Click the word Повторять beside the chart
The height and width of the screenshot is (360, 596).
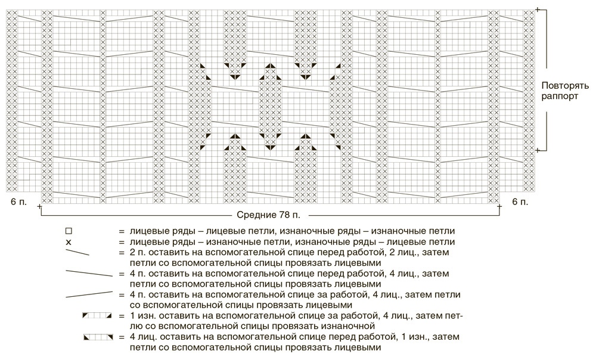(565, 86)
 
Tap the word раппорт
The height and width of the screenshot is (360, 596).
(560, 97)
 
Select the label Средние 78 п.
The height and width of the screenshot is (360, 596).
(268, 215)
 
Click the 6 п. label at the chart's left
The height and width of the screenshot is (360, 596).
(18, 202)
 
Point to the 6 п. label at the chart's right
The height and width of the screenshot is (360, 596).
(520, 202)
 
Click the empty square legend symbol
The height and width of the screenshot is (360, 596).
(69, 231)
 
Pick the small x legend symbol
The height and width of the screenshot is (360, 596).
(69, 242)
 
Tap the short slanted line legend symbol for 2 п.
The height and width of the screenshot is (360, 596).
(77, 252)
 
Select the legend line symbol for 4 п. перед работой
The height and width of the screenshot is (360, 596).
(89, 274)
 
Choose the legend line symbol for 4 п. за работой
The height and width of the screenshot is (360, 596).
(89, 294)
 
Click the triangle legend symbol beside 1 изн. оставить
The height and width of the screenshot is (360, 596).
(97, 315)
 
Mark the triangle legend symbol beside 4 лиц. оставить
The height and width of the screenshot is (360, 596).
(98, 337)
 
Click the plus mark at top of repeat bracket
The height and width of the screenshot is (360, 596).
(538, 10)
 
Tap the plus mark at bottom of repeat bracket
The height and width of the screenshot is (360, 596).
(538, 151)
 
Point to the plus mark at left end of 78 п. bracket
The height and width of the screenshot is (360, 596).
(40, 206)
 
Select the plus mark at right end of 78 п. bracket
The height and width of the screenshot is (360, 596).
(499, 206)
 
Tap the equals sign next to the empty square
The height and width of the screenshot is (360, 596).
(122, 231)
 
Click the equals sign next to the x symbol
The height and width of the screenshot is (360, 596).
(122, 242)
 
